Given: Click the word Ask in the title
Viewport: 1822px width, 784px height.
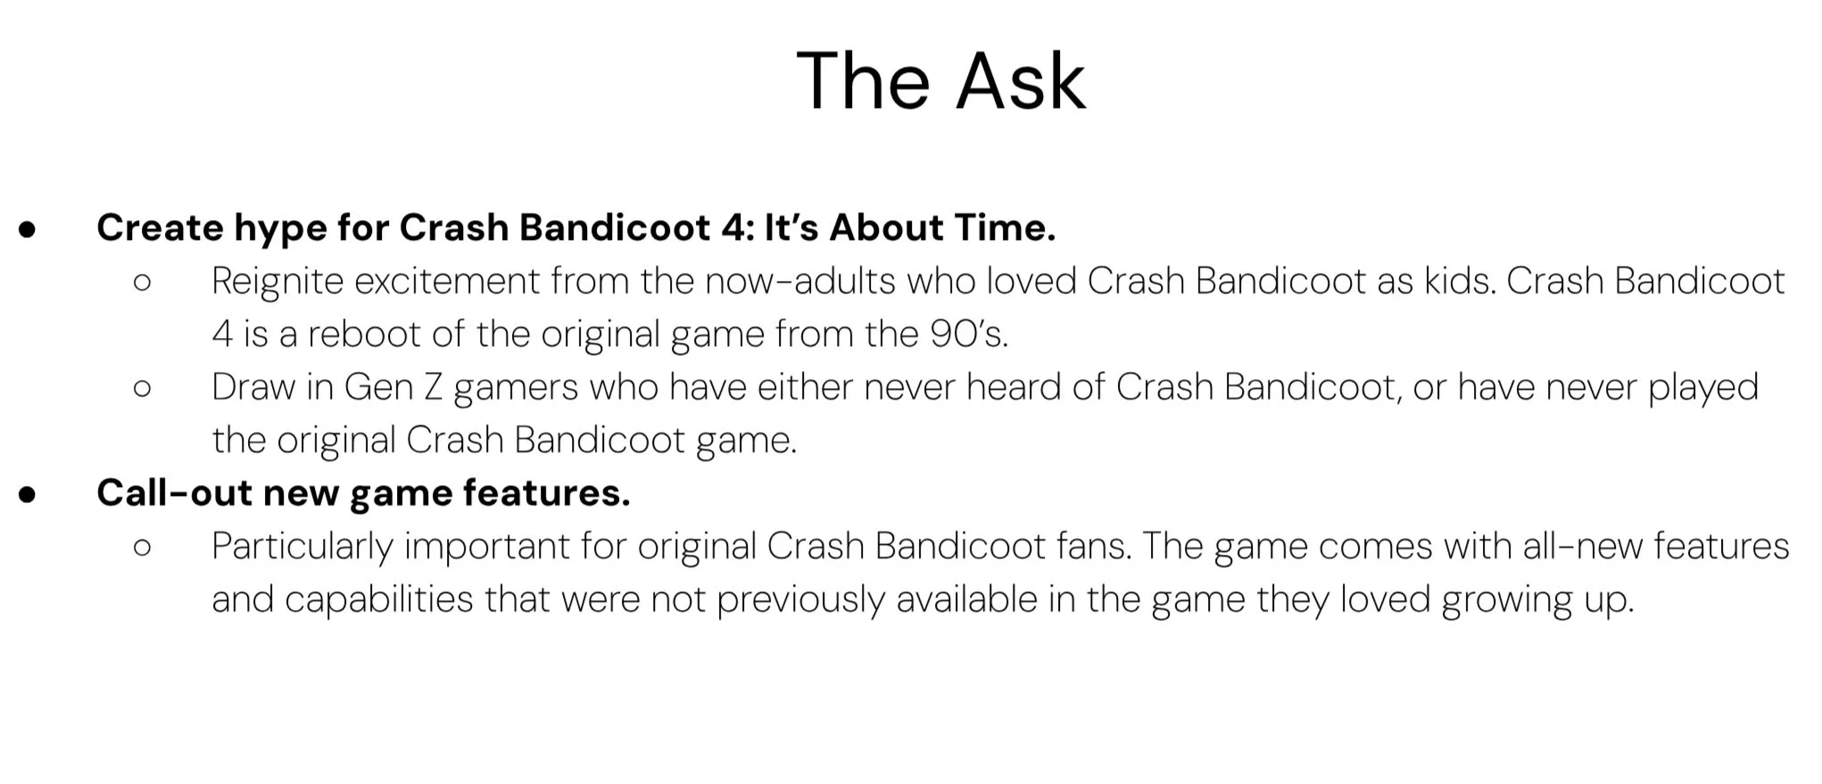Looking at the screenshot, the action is click(1022, 81).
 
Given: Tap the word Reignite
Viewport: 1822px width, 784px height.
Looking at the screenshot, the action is click(277, 283).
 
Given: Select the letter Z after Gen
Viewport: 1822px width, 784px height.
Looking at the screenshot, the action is click(433, 387).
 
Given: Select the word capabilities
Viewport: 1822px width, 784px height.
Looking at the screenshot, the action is click(378, 599).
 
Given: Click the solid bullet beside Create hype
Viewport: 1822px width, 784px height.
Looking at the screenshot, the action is click(28, 229).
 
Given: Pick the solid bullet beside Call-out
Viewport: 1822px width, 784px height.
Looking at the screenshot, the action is click(28, 494).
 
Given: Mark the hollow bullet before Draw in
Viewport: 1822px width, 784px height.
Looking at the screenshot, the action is click(142, 389).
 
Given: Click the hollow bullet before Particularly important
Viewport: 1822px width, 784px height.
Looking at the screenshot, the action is click(142, 548).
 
